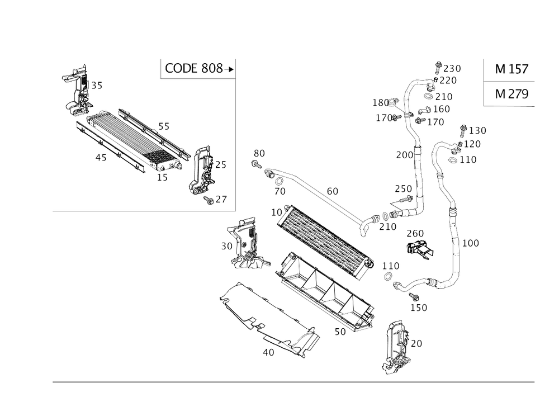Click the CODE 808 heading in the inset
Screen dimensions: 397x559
[x=194, y=69]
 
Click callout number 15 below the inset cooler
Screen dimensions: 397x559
[x=162, y=178]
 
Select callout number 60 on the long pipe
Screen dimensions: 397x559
[x=332, y=191]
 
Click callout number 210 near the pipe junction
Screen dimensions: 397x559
[x=387, y=226]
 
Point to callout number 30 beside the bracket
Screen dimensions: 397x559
[x=226, y=245]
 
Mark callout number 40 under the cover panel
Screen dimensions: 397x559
[x=268, y=352]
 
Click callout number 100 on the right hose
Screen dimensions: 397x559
[x=471, y=243]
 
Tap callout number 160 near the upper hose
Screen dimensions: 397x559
[x=442, y=108]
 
